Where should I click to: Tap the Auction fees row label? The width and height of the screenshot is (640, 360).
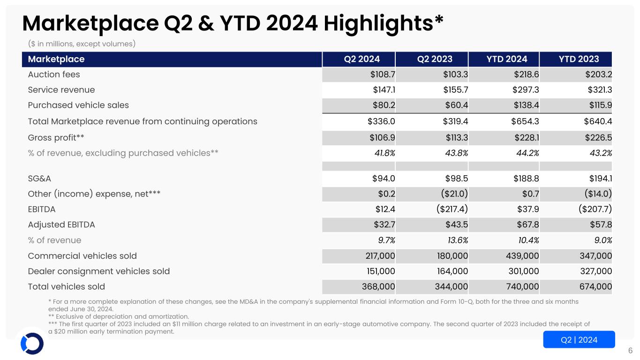click(x=54, y=75)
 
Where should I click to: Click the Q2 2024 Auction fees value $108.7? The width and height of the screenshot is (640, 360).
click(x=381, y=75)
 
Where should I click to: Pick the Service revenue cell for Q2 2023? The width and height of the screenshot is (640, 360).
click(x=453, y=90)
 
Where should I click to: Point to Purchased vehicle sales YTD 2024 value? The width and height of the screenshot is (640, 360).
click(x=526, y=105)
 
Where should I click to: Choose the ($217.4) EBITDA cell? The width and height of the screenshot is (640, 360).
click(x=449, y=210)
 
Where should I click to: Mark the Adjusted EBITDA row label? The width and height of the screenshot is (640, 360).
click(x=61, y=225)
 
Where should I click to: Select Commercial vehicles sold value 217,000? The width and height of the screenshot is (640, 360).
click(x=376, y=256)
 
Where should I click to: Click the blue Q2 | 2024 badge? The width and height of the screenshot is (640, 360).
click(x=579, y=340)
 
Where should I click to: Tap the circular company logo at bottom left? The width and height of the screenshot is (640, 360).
click(x=32, y=344)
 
